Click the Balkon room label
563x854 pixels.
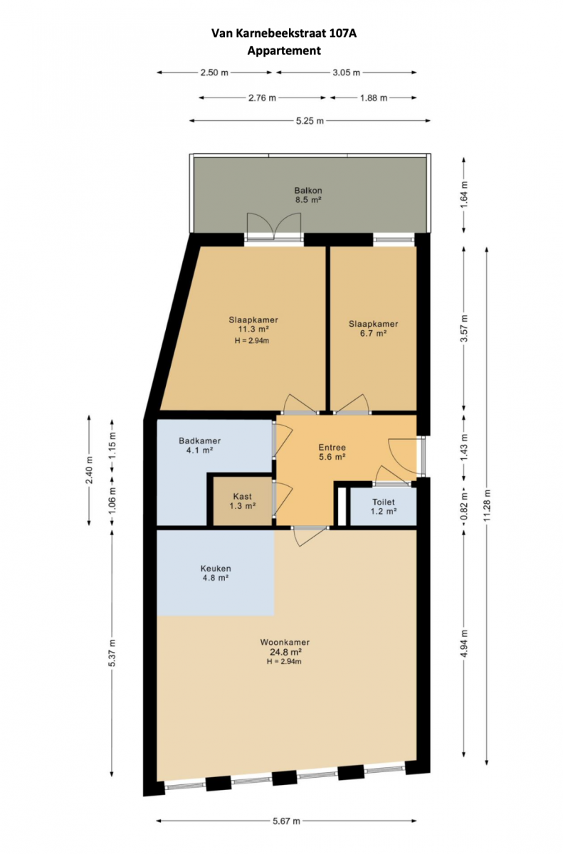click(x=308, y=190)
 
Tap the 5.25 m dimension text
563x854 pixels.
click(x=310, y=121)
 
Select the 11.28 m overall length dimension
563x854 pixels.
click(x=487, y=505)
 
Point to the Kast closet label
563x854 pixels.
click(x=243, y=497)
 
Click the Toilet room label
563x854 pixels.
click(x=384, y=502)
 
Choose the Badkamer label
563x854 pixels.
click(x=200, y=441)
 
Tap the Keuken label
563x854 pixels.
click(x=216, y=569)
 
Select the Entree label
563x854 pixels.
click(x=332, y=447)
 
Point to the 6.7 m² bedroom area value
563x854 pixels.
click(x=374, y=333)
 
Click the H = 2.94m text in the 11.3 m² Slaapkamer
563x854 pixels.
click(x=252, y=340)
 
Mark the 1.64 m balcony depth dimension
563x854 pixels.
click(x=464, y=194)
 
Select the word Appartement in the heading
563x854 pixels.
click(x=284, y=51)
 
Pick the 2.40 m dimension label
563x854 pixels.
click(x=89, y=470)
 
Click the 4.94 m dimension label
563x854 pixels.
click(x=464, y=643)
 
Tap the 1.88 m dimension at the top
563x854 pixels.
click(x=374, y=98)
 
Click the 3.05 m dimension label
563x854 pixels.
click(x=346, y=73)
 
